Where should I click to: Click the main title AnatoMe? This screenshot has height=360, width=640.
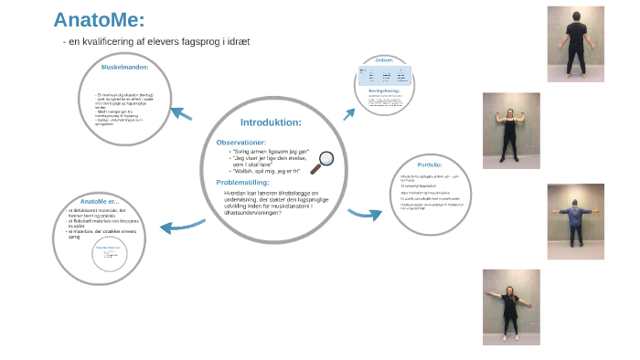[100, 20]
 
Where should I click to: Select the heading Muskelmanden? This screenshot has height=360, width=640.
[125, 68]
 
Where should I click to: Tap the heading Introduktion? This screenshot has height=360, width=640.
[270, 122]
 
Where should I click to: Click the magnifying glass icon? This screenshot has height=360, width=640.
[322, 161]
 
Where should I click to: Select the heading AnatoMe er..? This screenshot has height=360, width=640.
[100, 202]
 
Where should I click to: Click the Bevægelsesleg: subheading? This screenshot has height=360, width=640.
[383, 91]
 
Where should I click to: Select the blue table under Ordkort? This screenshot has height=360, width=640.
[384, 75]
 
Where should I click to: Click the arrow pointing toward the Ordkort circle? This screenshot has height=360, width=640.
[348, 114]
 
